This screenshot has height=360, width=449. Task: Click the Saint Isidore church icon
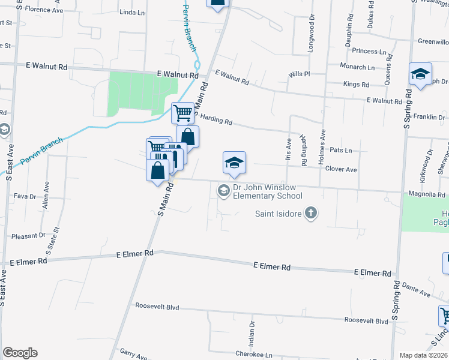[x=311, y=213]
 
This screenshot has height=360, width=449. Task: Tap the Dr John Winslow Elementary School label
[x=267, y=192]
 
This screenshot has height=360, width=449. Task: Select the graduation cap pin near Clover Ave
[x=235, y=163]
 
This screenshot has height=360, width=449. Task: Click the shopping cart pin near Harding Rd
[x=182, y=112]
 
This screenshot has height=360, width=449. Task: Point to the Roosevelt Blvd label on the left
[x=157, y=307]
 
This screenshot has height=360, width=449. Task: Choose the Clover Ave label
[x=341, y=170]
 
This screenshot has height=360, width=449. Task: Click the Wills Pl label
[x=298, y=74]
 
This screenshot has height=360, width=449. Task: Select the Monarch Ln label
[x=357, y=67]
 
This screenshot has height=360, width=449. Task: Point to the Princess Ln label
[x=369, y=52]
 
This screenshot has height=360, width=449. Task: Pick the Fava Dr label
[x=25, y=196]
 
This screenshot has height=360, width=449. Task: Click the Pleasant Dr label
[x=25, y=236]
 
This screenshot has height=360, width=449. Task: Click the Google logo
[x=20, y=353]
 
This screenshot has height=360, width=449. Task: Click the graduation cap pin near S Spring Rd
[x=420, y=74]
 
